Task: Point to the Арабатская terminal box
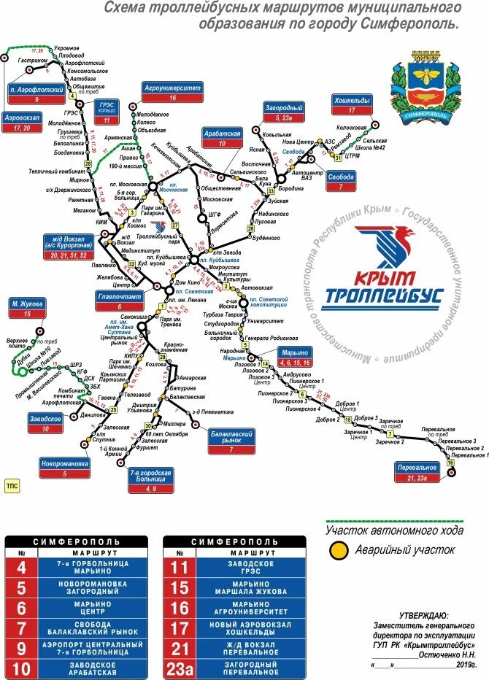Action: pos(222,139)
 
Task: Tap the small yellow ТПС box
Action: pos(12,484)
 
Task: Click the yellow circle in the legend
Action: pos(337,552)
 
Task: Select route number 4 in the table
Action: pos(21,567)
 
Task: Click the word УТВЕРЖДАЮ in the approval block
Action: pos(422,616)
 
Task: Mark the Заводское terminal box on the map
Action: pos(46,423)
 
